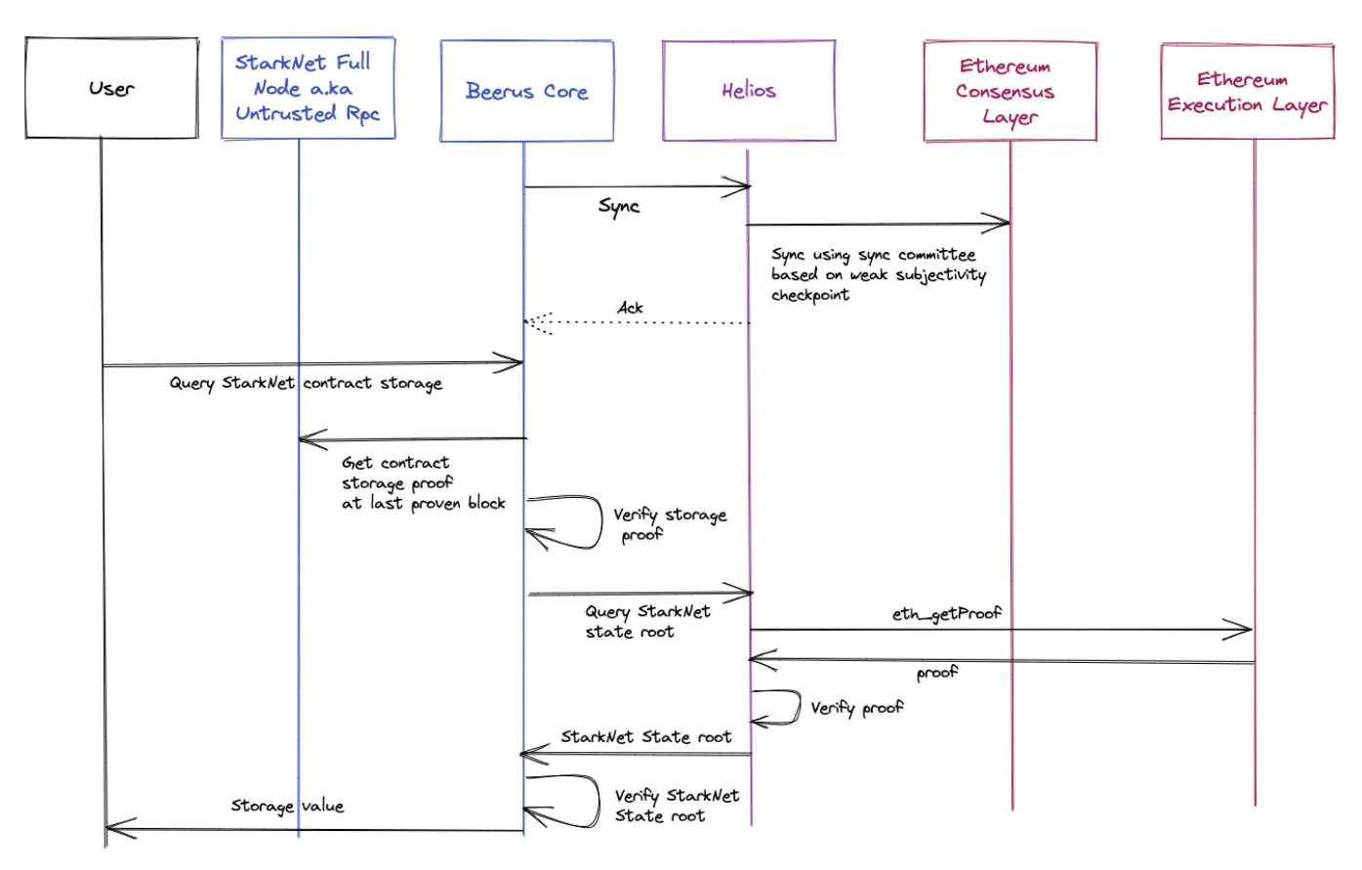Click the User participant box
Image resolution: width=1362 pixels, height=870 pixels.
111,88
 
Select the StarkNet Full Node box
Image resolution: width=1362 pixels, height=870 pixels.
308,89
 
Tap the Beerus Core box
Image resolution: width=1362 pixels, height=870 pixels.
526,91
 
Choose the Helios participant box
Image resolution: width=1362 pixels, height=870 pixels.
749,91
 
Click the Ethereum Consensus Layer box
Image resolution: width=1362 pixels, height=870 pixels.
1010,92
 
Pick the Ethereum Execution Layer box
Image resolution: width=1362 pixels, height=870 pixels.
1247,92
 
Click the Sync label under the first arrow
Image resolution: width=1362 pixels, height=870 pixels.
619,207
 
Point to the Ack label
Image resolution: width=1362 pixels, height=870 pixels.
631,308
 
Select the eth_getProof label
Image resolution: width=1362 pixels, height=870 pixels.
946,614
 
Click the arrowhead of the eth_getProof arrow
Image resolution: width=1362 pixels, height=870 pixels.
1246,630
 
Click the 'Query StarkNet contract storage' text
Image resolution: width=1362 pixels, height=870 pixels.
306,383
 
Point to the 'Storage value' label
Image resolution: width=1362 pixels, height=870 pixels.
287,806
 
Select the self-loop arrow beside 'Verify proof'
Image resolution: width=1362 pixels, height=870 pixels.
786,708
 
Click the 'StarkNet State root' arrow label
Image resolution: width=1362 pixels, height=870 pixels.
645,737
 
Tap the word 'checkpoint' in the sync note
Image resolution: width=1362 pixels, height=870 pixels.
810,295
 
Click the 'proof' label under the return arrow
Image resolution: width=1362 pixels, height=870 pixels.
937,674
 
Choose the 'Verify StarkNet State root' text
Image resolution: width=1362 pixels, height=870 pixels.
676,806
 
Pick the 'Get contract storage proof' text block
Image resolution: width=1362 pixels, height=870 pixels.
423,482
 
